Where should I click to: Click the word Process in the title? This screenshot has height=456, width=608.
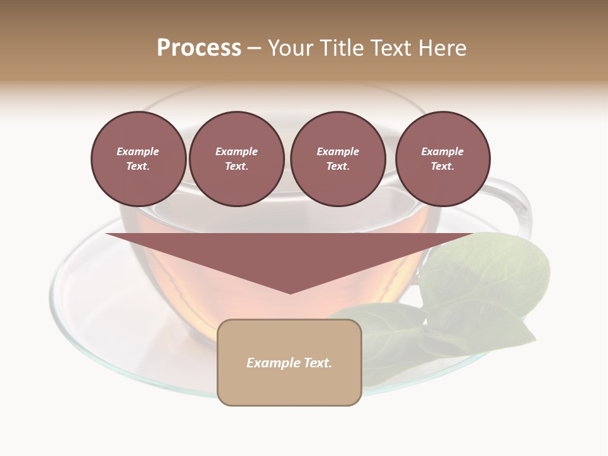[x=199, y=48]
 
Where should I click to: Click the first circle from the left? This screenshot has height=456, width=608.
[x=138, y=159]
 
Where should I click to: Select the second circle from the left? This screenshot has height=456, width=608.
[x=236, y=159]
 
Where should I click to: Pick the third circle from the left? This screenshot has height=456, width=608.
[x=338, y=159]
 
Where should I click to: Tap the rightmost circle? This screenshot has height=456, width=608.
[x=443, y=159]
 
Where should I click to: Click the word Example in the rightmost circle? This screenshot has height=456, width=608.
[x=443, y=151]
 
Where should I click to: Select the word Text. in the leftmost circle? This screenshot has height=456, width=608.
[x=138, y=167]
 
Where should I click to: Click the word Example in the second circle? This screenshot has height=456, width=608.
[x=236, y=151]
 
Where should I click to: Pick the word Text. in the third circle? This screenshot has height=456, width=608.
[x=338, y=167]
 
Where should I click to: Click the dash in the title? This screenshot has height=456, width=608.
[x=255, y=48]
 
